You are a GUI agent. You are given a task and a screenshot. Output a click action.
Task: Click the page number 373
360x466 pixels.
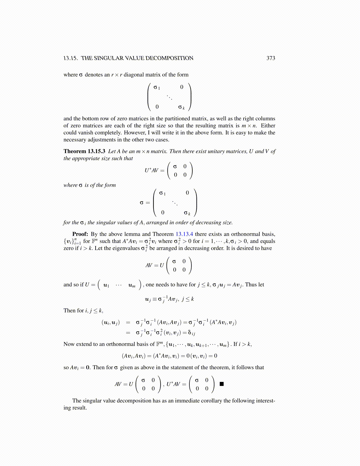(x=271, y=58)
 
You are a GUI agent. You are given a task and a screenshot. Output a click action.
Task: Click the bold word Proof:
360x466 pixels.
(x=80, y=234)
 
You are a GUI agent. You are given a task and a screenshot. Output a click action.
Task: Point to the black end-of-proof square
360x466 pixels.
(x=222, y=384)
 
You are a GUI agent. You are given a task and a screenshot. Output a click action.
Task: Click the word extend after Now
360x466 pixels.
(x=84, y=344)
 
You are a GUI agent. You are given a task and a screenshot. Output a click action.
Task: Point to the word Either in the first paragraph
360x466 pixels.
(x=268, y=126)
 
